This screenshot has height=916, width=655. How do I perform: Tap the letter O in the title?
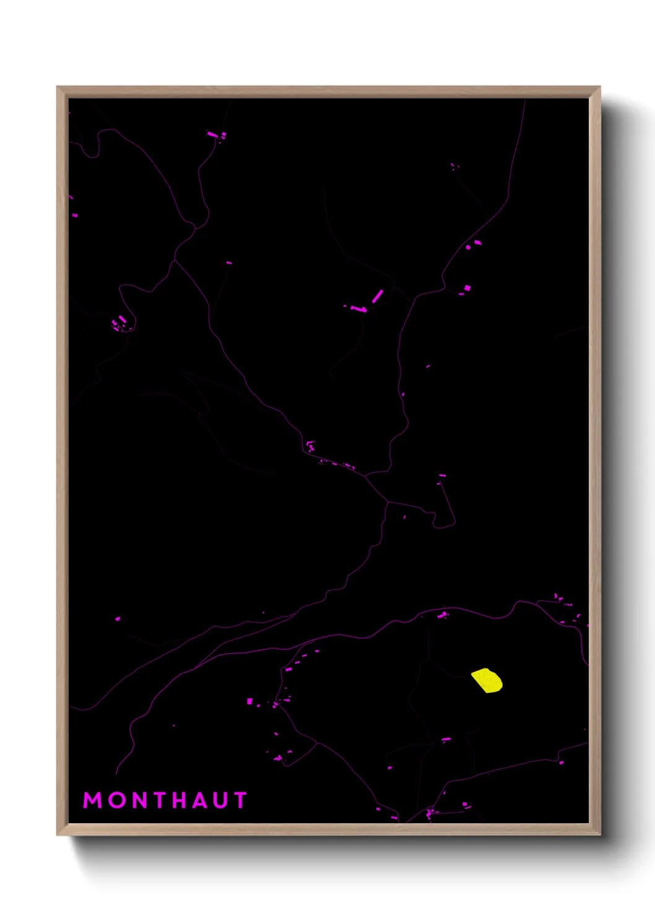(117, 800)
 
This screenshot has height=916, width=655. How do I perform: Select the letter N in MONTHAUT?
(141, 800)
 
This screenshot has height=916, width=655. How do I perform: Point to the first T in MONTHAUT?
(162, 800)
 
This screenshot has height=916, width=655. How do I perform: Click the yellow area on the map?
(487, 680)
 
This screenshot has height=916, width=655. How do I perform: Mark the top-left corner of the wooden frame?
(58, 87)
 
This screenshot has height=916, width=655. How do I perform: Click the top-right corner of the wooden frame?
(599, 87)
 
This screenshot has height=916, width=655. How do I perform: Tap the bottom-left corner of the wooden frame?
(58, 834)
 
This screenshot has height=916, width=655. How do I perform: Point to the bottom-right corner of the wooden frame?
(599, 834)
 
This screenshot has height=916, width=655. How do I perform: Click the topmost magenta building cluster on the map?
(215, 134)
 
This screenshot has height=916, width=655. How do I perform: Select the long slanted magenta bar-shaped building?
(377, 296)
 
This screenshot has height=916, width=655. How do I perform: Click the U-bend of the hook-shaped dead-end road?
(443, 527)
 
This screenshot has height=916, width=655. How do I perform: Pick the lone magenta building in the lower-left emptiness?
(118, 618)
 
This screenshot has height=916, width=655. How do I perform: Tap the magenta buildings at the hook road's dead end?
(441, 476)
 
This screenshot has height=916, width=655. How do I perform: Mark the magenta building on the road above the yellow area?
(443, 615)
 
